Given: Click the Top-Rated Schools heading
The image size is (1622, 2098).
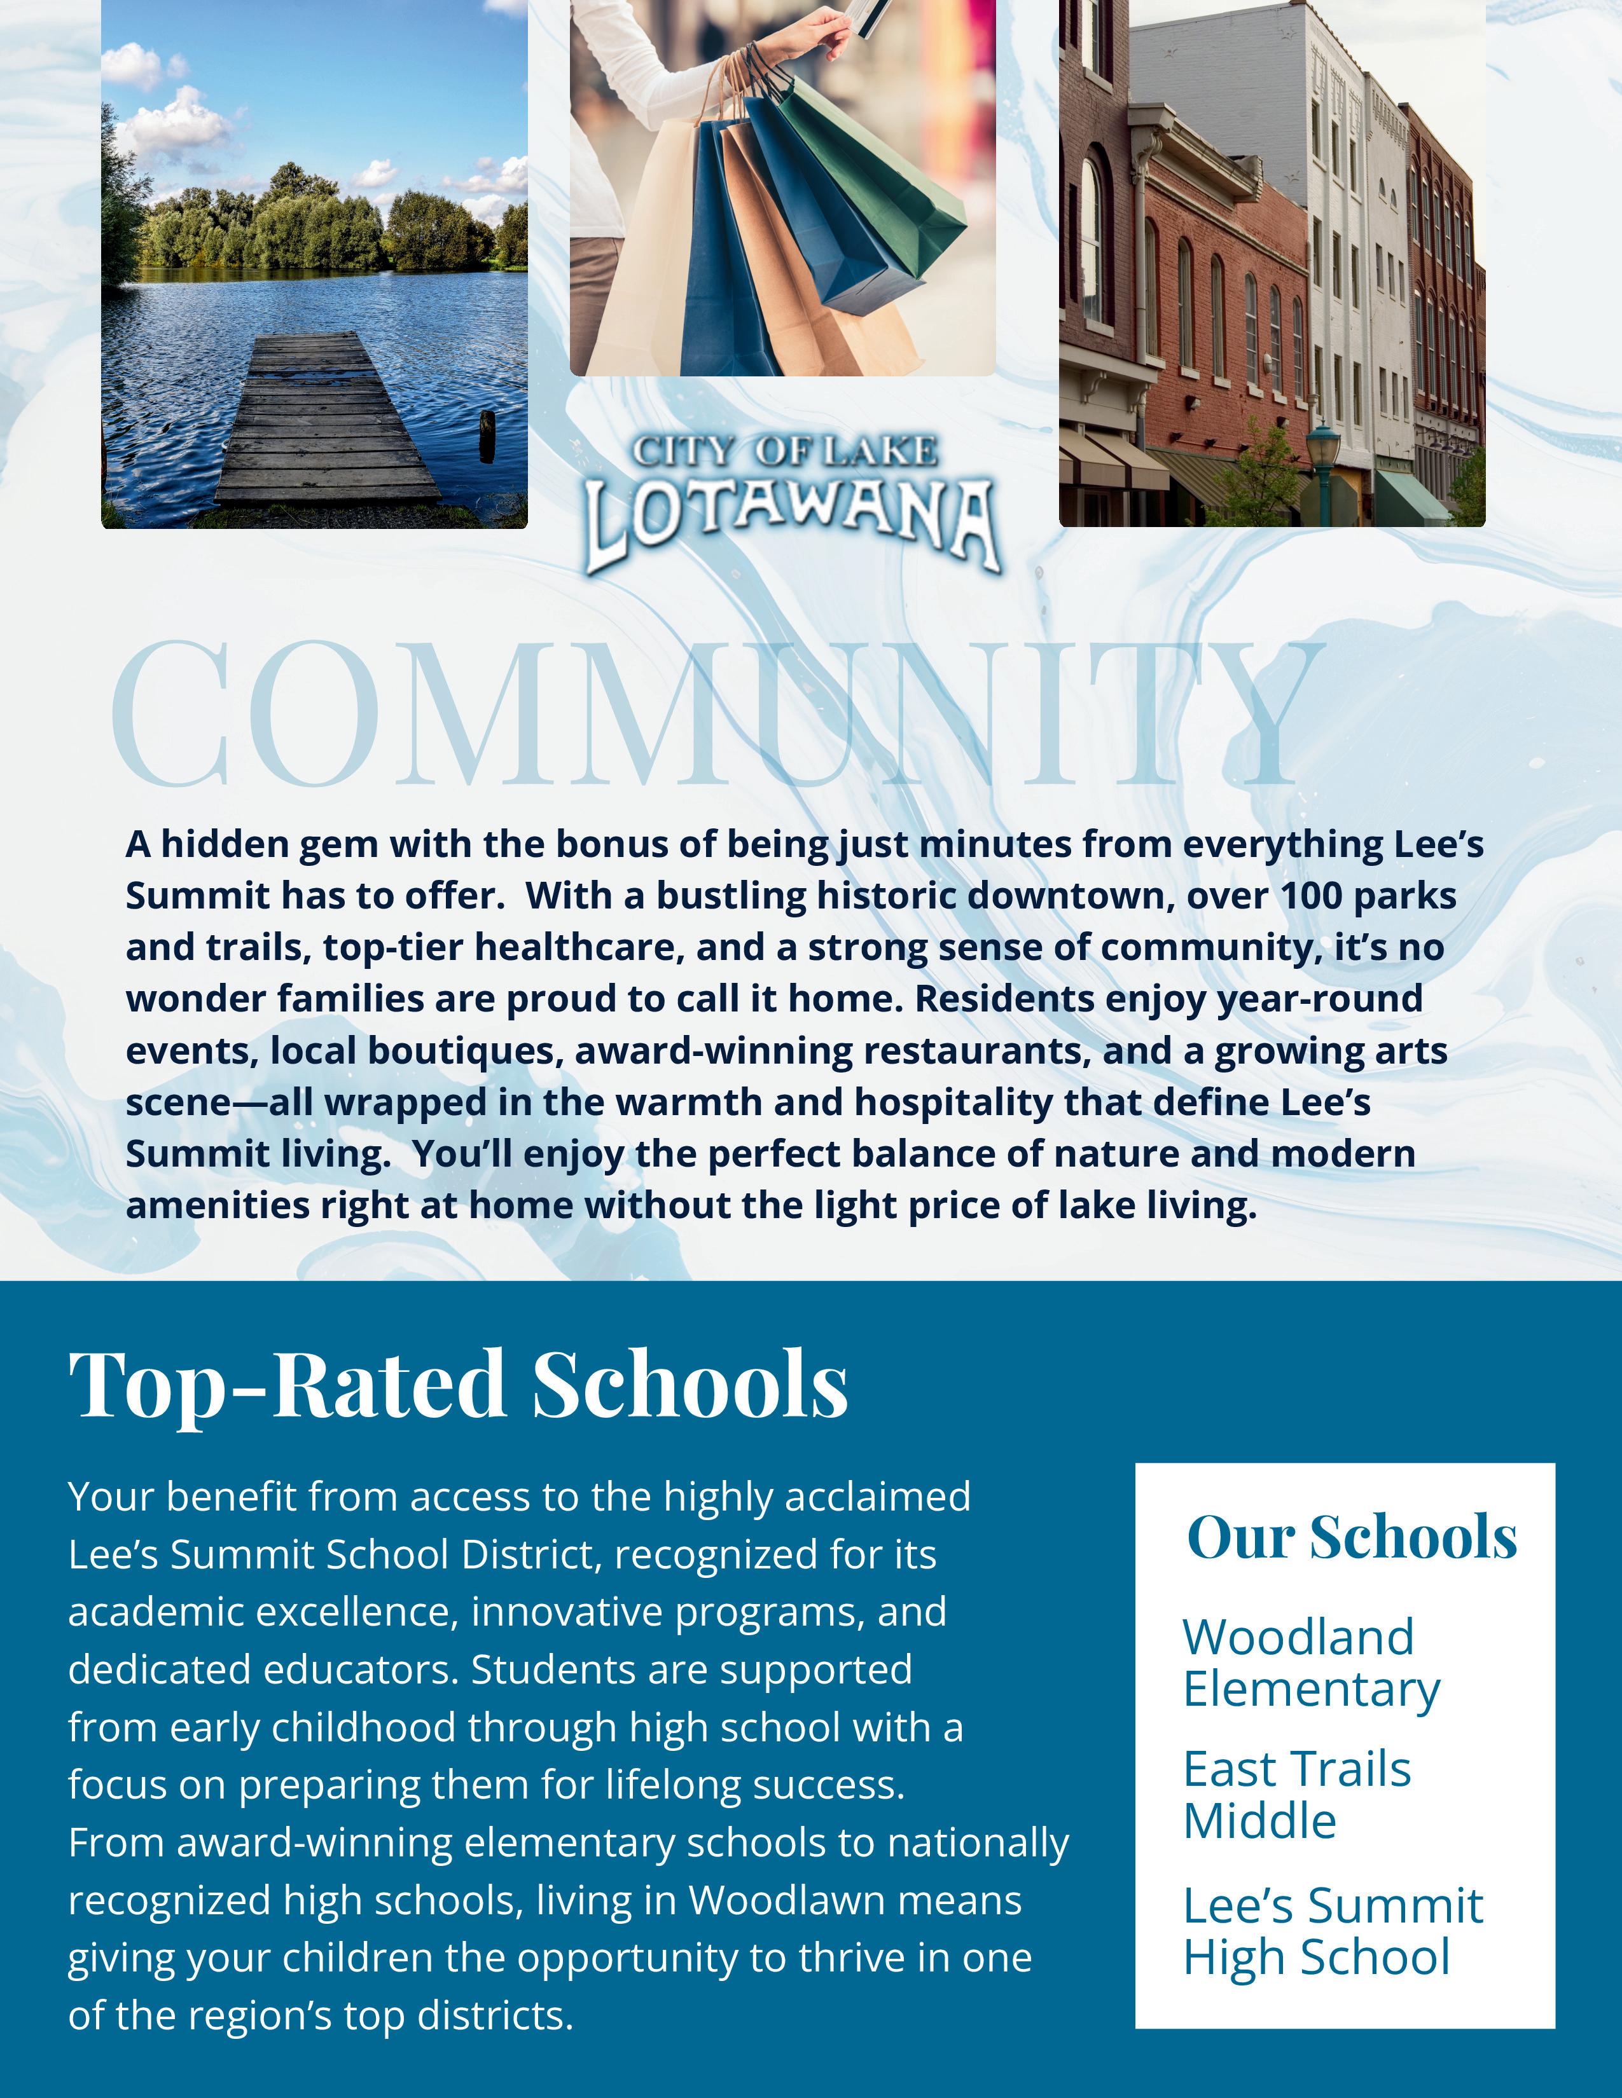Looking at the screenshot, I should click(459, 1385).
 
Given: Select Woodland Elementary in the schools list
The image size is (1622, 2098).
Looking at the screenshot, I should click(1311, 1663).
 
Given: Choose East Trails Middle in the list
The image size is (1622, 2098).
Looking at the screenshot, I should click(1296, 1795).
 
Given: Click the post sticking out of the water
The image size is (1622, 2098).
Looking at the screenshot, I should click(487, 434).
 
